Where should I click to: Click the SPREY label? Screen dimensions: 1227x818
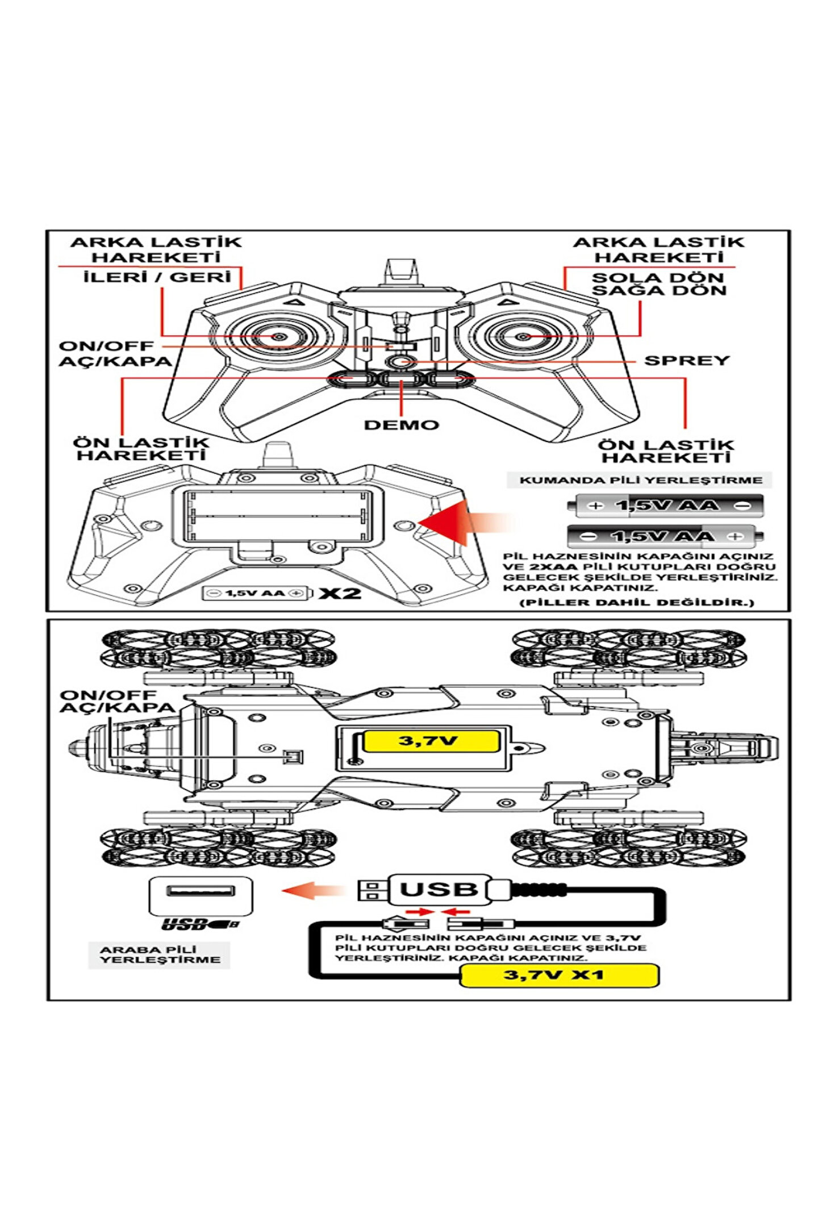point(686,361)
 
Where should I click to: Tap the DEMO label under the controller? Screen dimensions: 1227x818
point(401,425)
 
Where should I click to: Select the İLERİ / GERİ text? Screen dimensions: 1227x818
point(157,277)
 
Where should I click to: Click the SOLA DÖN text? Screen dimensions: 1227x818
point(658,278)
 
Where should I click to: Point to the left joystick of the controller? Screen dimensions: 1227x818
point(278,337)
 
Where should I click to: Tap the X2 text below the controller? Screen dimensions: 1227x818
point(340,594)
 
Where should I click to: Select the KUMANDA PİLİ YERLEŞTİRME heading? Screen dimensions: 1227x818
point(641,480)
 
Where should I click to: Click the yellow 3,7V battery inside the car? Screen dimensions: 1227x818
point(430,741)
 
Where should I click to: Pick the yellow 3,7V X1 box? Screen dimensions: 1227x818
point(558,975)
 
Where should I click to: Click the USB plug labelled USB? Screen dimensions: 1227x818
point(439,890)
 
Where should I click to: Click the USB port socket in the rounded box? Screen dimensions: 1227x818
point(200,890)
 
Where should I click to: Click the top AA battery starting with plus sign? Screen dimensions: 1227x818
point(668,506)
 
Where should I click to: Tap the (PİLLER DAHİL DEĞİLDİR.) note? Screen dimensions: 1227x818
point(637,603)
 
